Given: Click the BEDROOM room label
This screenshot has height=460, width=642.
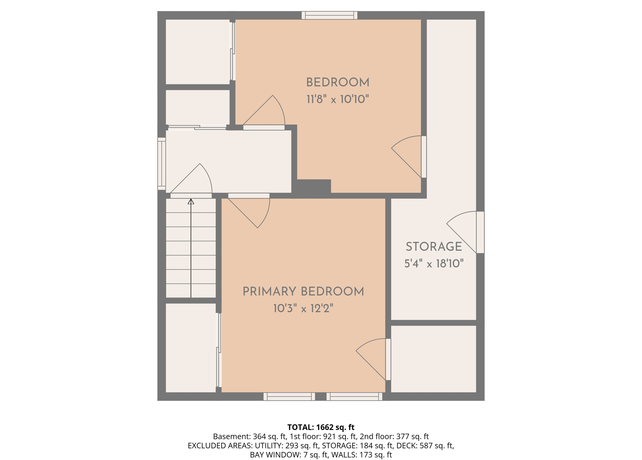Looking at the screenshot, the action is point(338,83).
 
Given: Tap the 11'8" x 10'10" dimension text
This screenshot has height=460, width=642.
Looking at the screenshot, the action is point(338,99).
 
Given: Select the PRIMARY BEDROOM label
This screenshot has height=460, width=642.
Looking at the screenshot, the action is point(303,292).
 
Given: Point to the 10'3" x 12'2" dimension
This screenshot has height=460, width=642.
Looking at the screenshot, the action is point(303,309).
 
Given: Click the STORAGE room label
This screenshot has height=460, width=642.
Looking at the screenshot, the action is point(434,247).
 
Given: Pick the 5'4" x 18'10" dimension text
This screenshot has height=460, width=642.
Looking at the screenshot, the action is point(434,264).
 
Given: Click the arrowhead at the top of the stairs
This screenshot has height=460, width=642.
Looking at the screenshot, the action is point(191,201).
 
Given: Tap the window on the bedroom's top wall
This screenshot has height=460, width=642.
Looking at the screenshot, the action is point(329,15).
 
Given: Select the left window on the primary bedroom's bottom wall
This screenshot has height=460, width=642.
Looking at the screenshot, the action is point(289,396).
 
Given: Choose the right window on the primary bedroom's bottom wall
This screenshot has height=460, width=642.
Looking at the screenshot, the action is point(354,396).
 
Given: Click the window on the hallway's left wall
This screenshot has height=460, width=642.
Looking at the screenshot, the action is point(161,164).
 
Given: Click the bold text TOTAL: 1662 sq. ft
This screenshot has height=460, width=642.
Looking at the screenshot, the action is point(321,427).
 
